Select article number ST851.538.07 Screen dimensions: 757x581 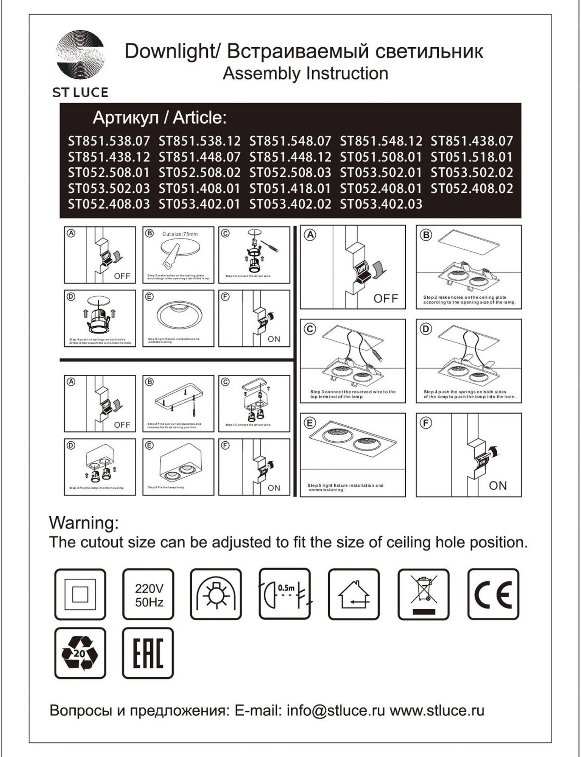click(109, 141)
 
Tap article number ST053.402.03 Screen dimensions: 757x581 click(381, 204)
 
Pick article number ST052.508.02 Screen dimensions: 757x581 click(199, 173)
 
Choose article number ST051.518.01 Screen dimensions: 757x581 click(472, 157)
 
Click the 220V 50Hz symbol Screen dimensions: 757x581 click(149, 595)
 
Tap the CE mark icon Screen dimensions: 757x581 click(493, 595)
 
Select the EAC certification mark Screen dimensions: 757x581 click(148, 654)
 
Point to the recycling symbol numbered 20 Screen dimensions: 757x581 click(80, 654)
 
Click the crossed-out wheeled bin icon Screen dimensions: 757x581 click(424, 595)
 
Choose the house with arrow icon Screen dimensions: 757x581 click(354, 595)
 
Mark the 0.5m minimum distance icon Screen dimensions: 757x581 click(285, 595)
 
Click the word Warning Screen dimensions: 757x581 click(84, 523)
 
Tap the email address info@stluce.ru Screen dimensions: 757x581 click(335, 710)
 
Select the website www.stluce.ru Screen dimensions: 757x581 click(437, 710)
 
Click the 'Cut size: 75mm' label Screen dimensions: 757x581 click(180, 234)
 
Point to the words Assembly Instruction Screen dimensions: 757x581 click(305, 73)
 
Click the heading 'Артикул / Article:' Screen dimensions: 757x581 click(159, 118)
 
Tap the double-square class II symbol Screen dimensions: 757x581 click(80, 595)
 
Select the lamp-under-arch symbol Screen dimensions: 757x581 click(216, 595)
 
